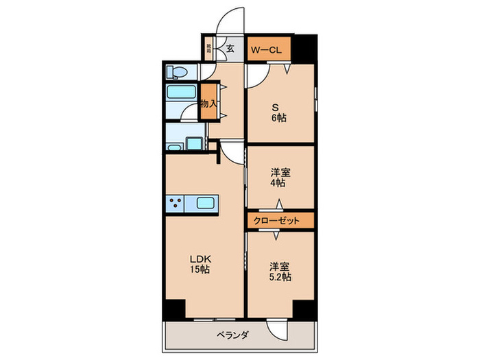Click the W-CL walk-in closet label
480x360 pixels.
267,49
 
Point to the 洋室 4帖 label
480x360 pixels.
279,178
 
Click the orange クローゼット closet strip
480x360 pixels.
280,221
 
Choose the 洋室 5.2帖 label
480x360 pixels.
279,272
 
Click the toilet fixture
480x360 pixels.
177,71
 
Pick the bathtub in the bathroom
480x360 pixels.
182,94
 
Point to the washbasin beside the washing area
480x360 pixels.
195,143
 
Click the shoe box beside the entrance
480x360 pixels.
208,49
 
